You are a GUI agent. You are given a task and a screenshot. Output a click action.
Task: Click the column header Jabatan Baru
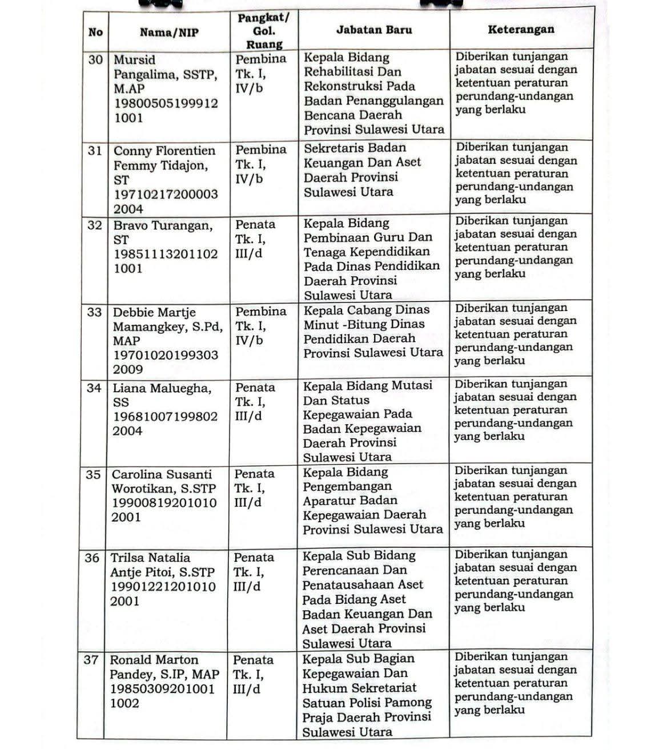(x=374, y=30)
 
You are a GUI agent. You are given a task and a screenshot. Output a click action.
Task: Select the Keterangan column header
(x=521, y=30)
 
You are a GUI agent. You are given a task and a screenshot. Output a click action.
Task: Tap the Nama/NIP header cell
(x=169, y=33)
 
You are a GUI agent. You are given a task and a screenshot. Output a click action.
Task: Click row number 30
(x=95, y=59)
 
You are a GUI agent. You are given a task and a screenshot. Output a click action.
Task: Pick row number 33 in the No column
(x=94, y=312)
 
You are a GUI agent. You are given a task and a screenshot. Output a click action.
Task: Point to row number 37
(x=91, y=660)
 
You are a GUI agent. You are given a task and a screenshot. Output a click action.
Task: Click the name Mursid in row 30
(x=135, y=60)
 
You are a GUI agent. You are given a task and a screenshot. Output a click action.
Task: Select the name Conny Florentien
(x=164, y=151)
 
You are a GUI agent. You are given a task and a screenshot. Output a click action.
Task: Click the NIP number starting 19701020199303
(x=166, y=355)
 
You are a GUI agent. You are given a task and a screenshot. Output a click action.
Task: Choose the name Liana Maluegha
(x=162, y=388)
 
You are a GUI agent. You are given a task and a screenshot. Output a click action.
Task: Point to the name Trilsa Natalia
(x=150, y=558)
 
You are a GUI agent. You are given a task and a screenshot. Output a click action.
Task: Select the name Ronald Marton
(x=154, y=660)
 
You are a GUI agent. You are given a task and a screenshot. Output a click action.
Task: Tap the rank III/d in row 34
(x=248, y=416)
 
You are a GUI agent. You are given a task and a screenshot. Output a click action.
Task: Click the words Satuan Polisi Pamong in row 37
(x=367, y=703)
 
